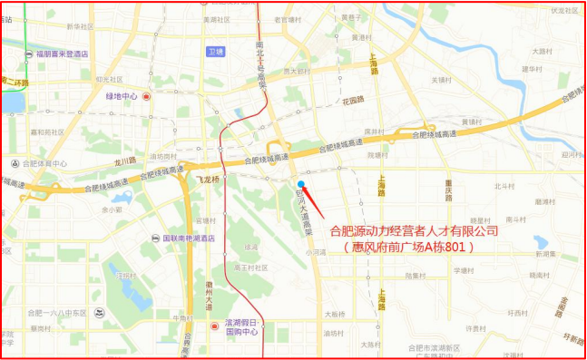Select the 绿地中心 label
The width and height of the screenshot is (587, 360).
pyautogui.click(x=122, y=96)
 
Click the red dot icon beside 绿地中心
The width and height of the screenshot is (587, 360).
pyautogui.click(x=145, y=96)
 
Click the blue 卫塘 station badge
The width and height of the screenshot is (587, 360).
pyautogui.click(x=215, y=52)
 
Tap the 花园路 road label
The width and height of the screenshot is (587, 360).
pyautogui.click(x=352, y=101)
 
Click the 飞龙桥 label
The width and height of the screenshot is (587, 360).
pyautogui.click(x=209, y=180)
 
